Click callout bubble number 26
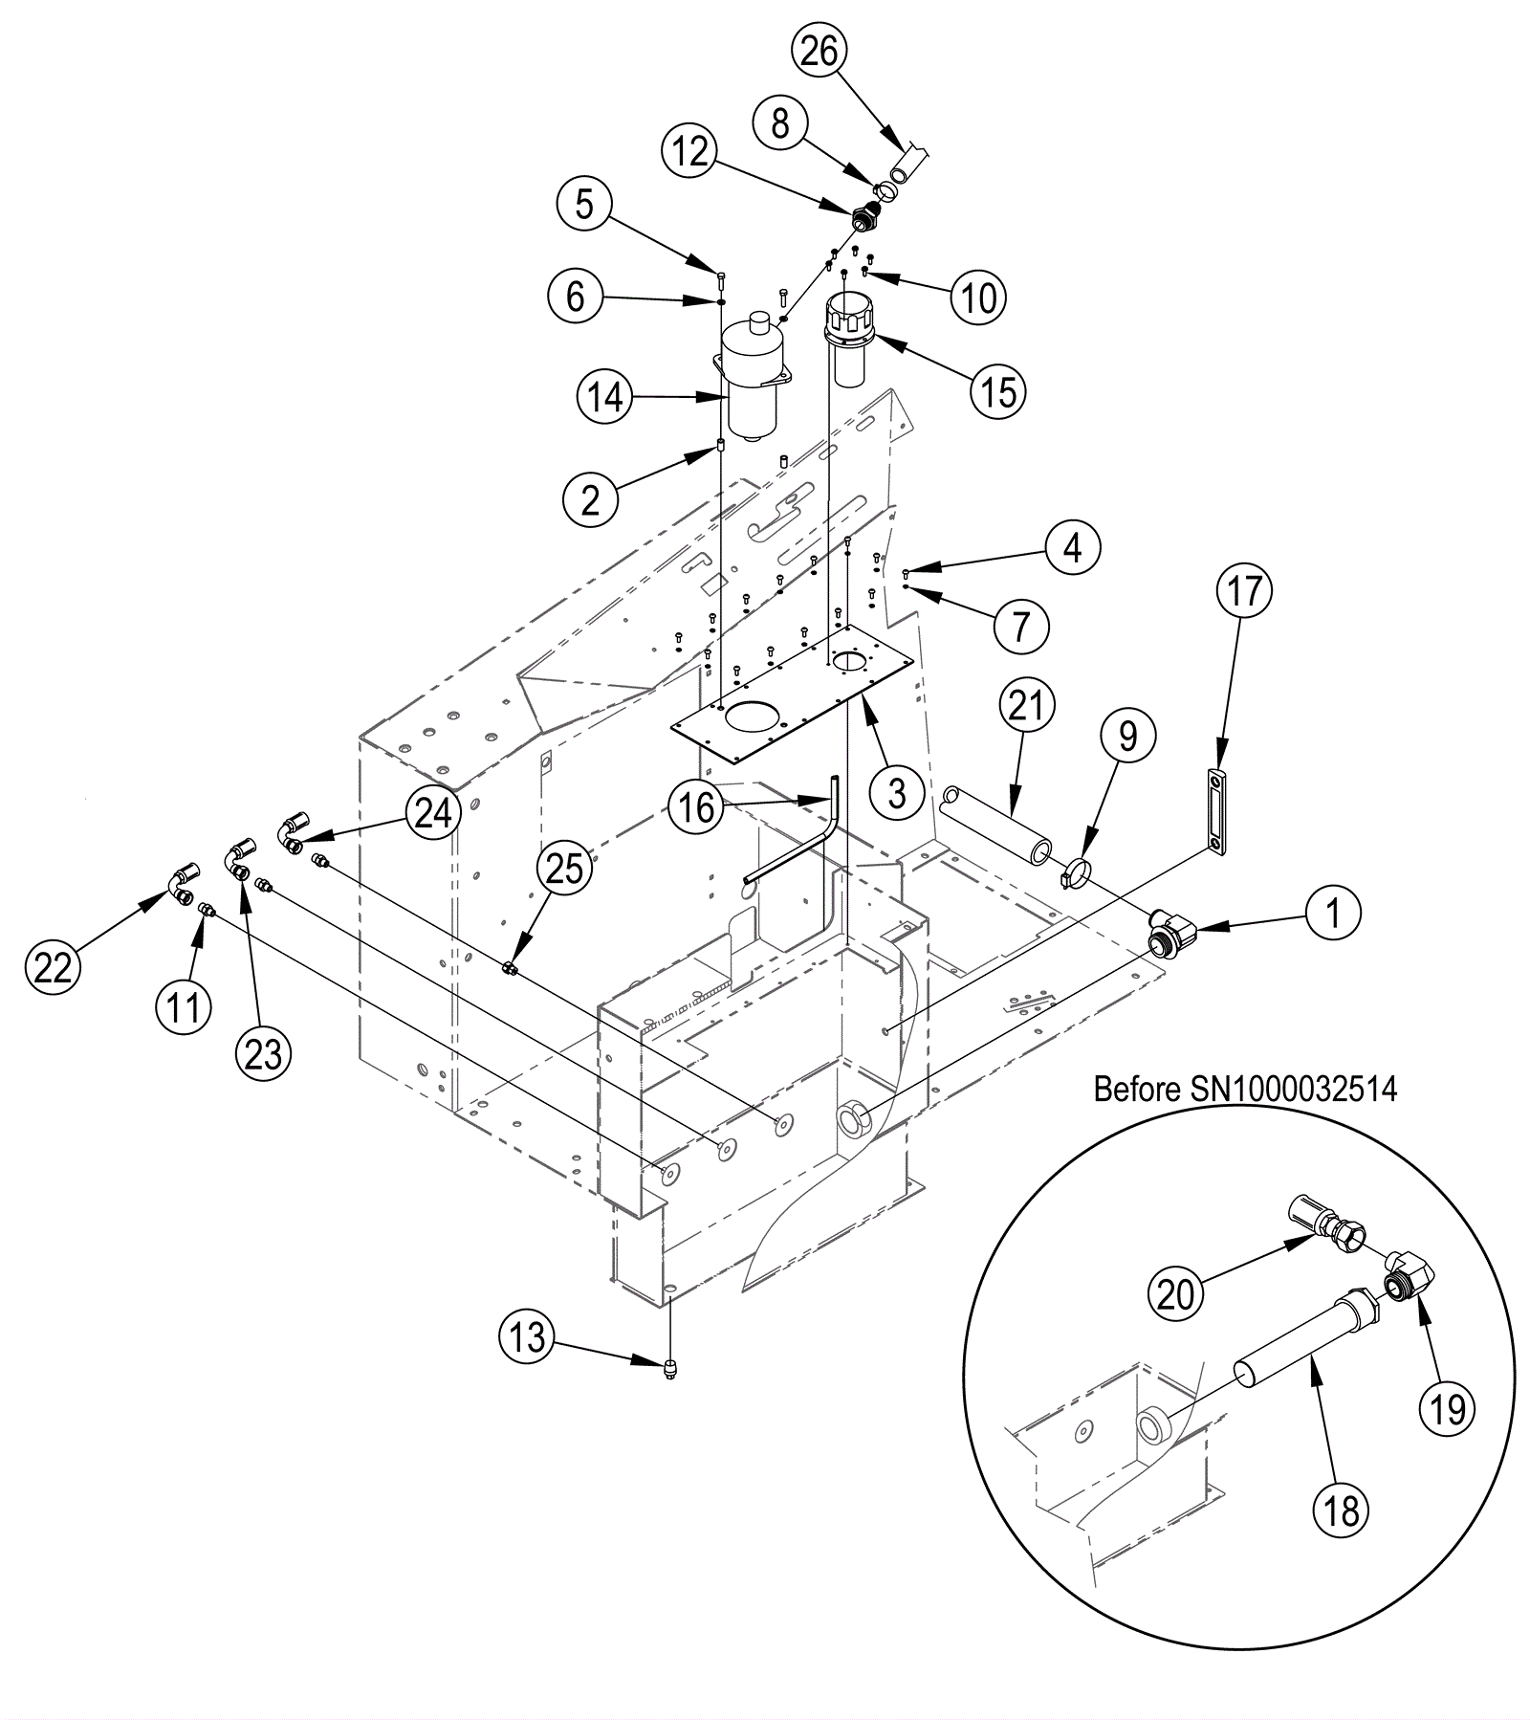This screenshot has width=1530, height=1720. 820,51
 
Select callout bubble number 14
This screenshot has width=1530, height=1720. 605,397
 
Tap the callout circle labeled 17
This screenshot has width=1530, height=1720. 1245,591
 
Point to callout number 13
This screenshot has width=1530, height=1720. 527,1336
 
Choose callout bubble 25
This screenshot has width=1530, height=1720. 564,870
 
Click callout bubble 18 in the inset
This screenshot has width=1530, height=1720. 1342,1512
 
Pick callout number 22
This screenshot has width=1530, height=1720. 53,968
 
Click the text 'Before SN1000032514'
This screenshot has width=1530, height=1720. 1245,1090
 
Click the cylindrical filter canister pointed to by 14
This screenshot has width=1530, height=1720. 752,383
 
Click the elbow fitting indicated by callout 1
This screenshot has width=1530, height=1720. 1172,930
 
